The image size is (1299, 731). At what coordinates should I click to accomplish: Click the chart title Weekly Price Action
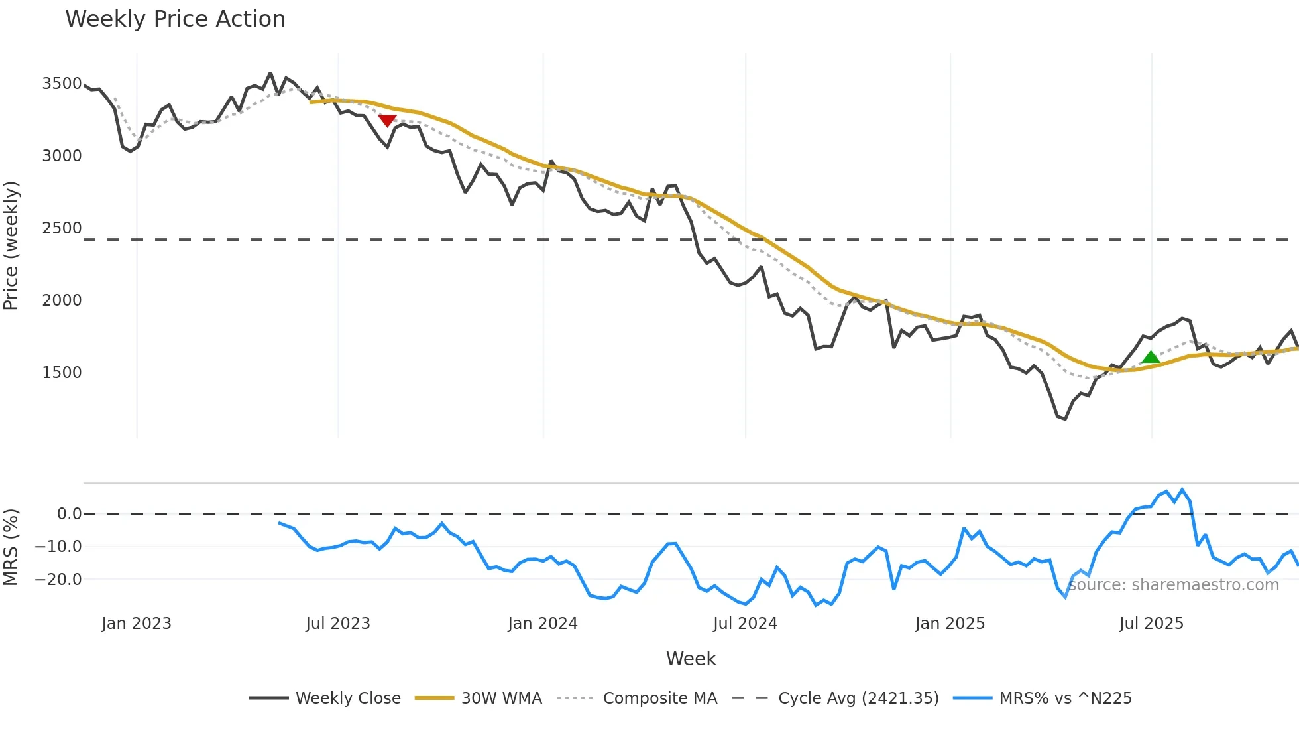pos(175,19)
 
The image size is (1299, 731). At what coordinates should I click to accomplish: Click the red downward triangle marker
pos(387,121)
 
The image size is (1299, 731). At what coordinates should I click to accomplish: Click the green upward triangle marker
pos(1151,357)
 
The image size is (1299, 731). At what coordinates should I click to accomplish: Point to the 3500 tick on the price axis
pos(62,84)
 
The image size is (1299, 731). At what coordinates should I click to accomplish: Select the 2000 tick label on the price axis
pos(62,300)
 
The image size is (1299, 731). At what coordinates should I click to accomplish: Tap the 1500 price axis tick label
pos(62,373)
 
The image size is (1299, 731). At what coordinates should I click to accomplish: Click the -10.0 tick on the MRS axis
pos(59,547)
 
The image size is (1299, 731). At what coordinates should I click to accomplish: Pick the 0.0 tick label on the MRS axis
pos(69,514)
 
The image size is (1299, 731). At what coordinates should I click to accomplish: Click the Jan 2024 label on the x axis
pos(543,624)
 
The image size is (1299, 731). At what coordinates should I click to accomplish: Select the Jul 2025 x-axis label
pos(1151,624)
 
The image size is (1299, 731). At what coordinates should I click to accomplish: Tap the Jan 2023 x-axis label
pos(137,624)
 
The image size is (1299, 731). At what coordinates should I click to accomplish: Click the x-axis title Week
pos(691,659)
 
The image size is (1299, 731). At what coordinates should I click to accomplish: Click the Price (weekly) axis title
pos(11,245)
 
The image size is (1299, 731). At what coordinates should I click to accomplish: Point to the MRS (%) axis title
pos(11,547)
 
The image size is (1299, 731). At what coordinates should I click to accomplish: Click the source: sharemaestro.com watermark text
pos(1174,585)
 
